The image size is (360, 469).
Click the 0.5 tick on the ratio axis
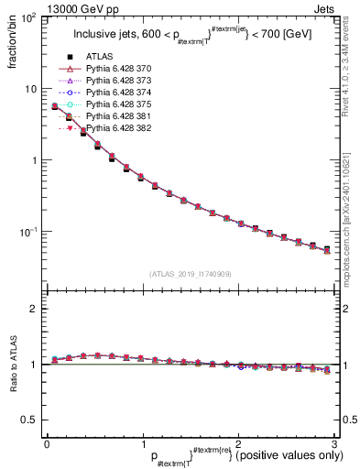click(x=34, y=420)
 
